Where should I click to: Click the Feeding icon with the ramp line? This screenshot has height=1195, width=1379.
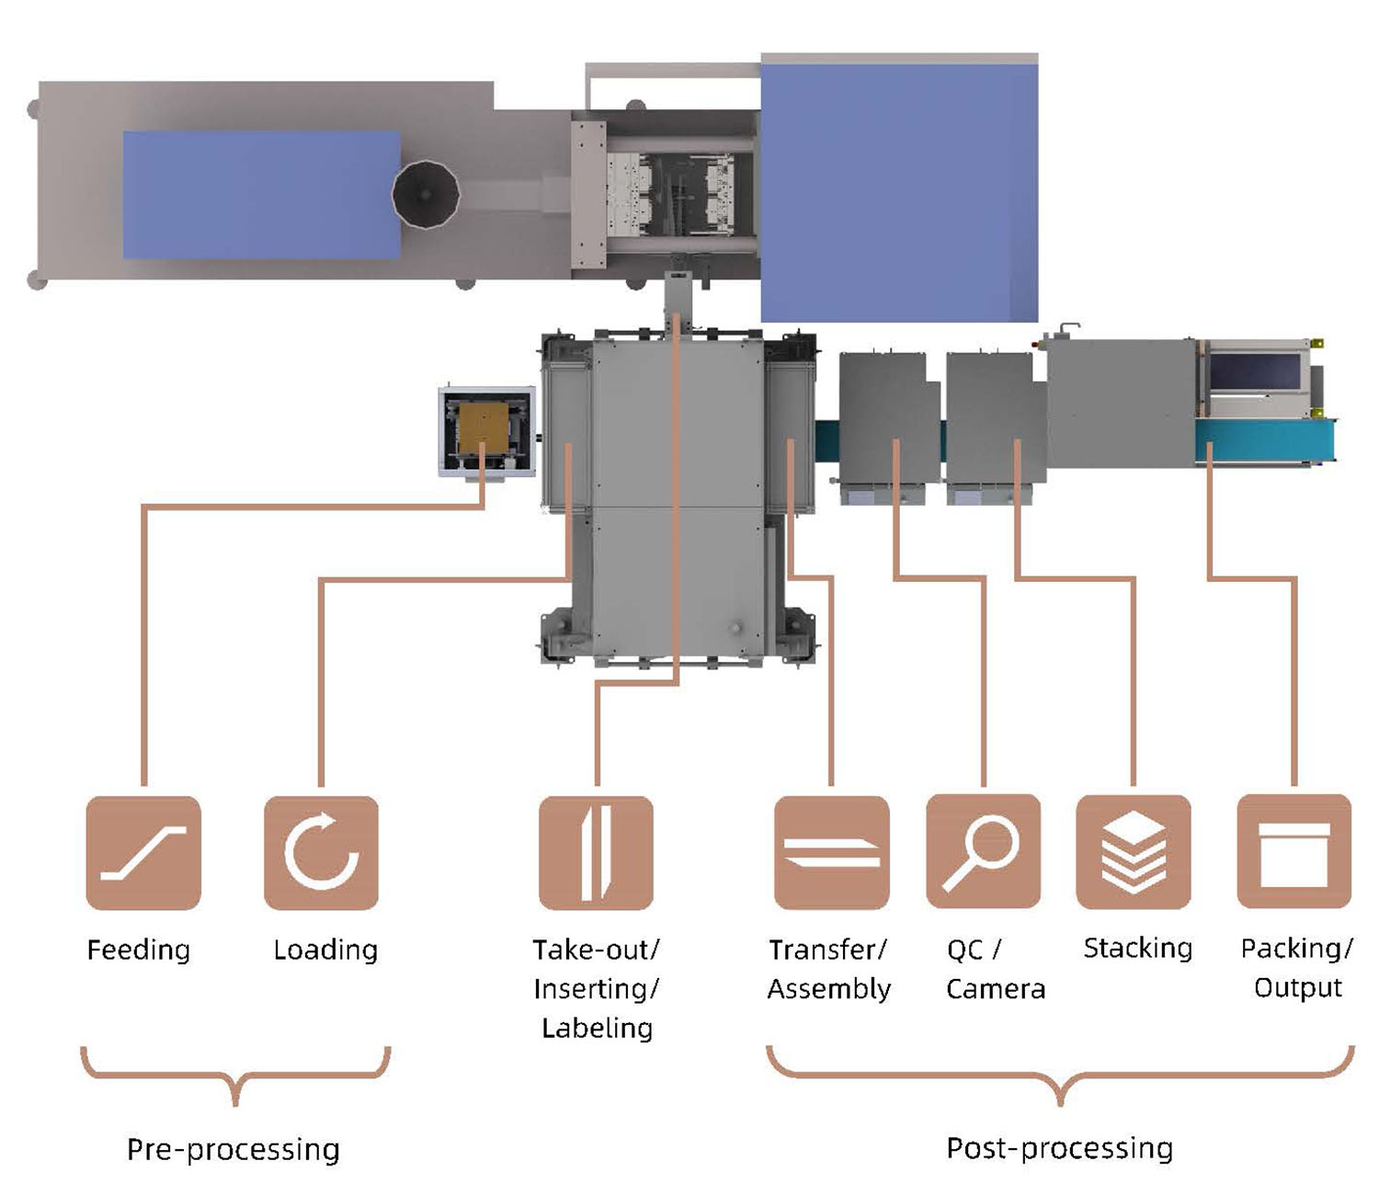point(143,852)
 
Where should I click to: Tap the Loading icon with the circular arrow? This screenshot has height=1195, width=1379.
point(322,852)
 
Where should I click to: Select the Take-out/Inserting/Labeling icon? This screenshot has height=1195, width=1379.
point(596,852)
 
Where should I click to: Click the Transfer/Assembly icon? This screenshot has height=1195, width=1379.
point(831,852)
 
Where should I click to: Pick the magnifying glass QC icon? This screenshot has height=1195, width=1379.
point(984,851)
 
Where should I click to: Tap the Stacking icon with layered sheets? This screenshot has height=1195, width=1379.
point(1134,851)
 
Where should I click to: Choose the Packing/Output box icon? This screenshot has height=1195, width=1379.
point(1294,851)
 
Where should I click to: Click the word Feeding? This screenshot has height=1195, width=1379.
point(139,950)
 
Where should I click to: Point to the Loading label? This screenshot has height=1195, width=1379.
point(325,950)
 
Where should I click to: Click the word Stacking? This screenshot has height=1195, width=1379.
point(1137,949)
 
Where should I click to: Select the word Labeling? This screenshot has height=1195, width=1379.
point(597,1029)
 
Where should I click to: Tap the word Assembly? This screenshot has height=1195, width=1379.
point(828,989)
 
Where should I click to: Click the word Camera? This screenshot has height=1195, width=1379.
point(996,989)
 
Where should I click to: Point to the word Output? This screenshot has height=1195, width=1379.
point(1297,987)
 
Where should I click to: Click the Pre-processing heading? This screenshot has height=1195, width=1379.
point(234,1150)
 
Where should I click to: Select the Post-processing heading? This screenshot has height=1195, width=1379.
point(1059,1148)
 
